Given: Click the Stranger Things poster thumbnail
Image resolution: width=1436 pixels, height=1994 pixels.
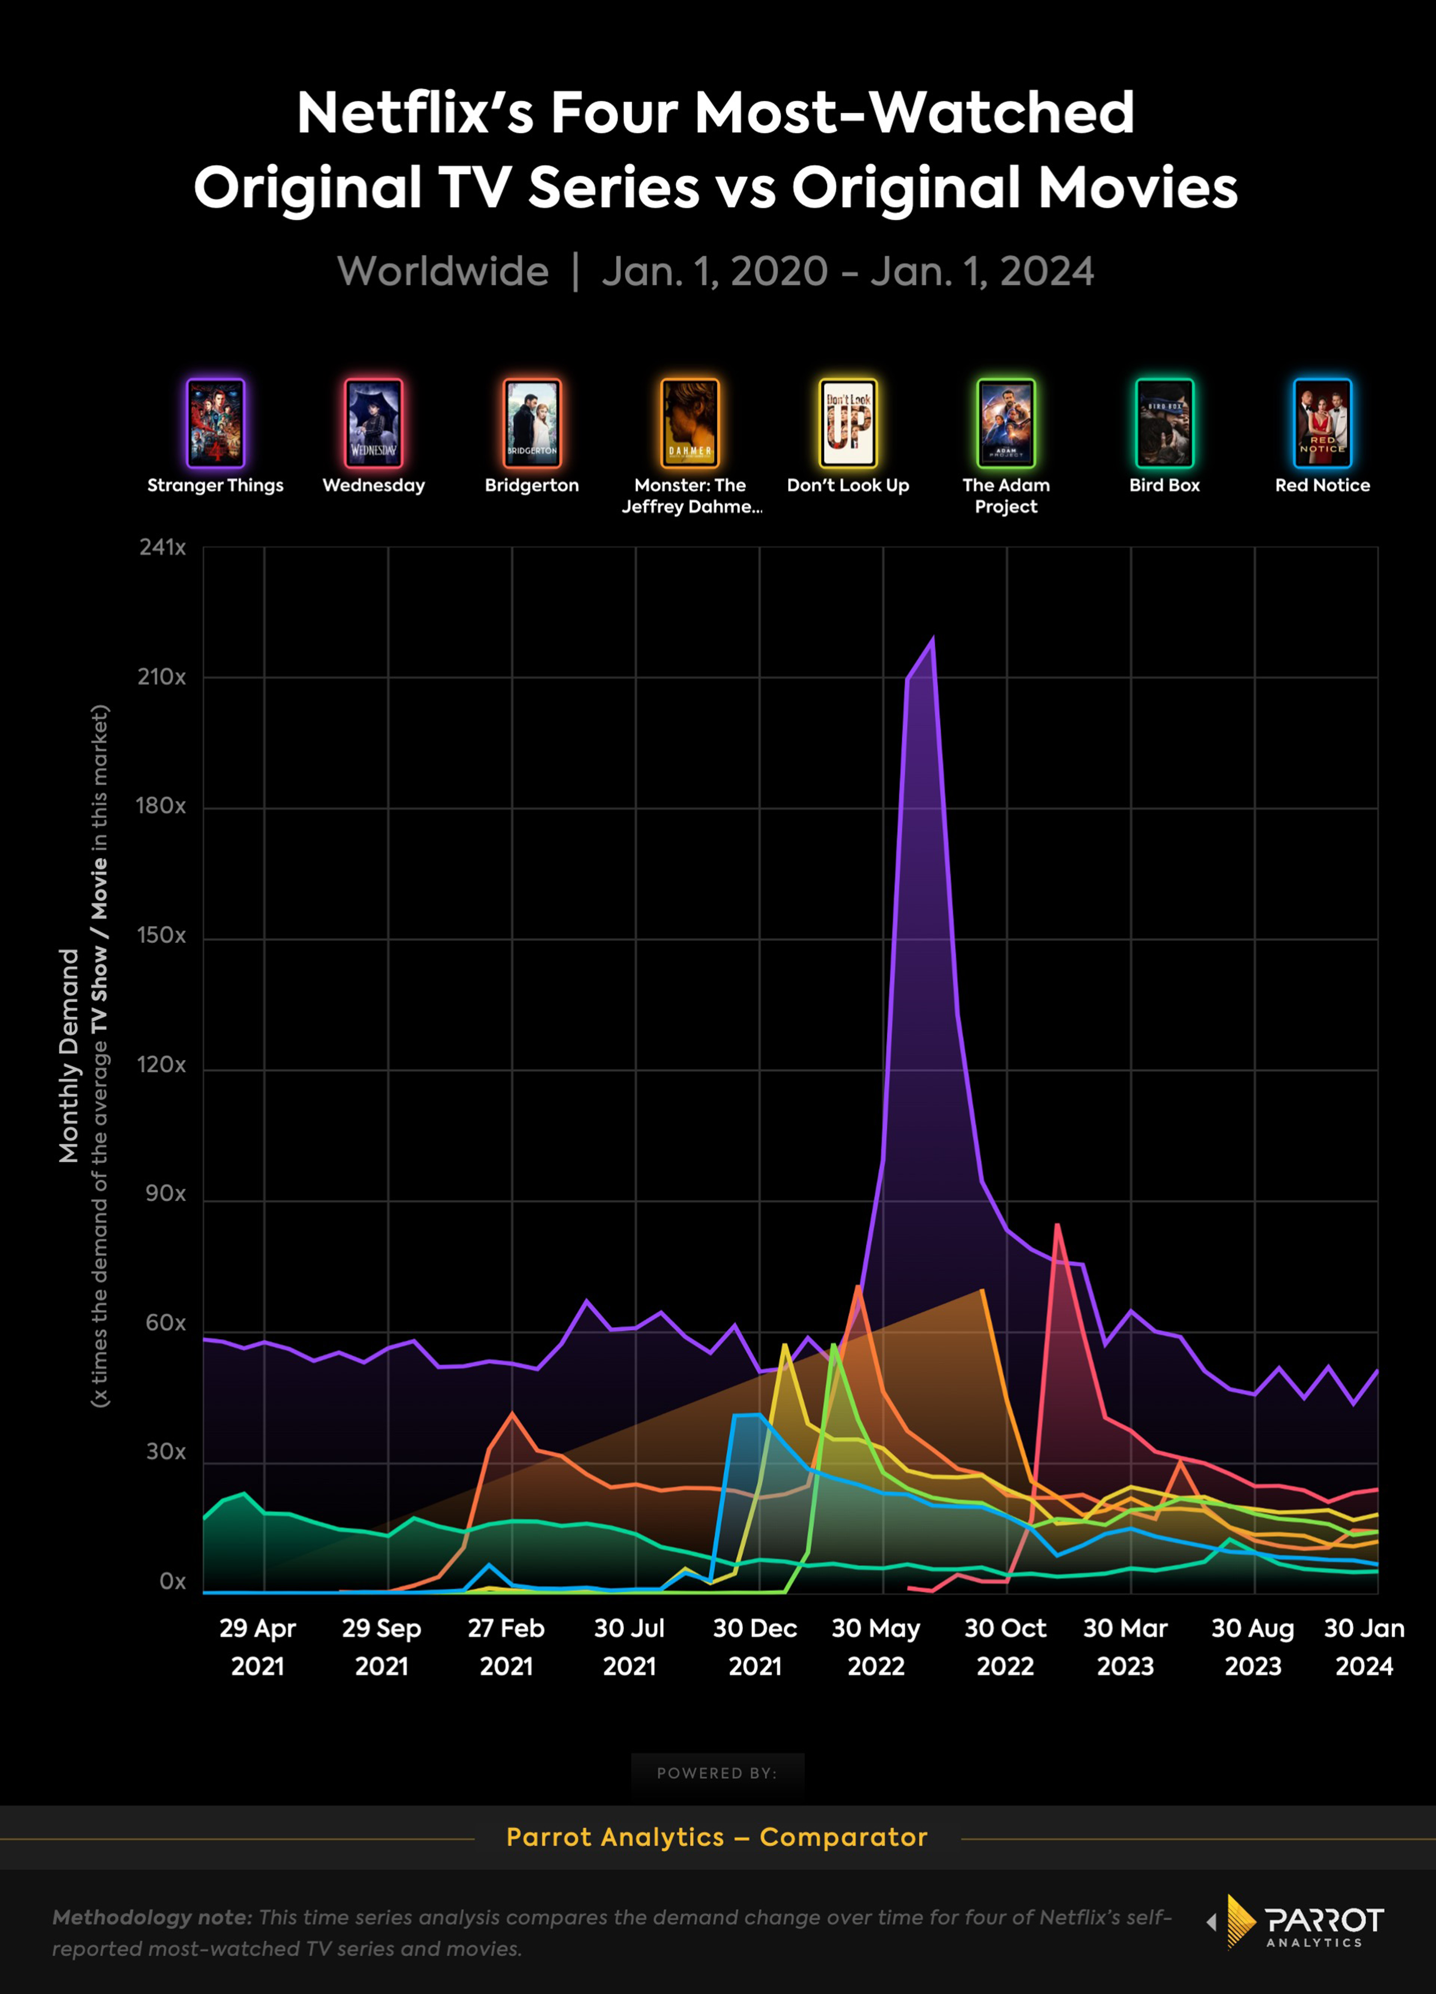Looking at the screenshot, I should tap(215, 423).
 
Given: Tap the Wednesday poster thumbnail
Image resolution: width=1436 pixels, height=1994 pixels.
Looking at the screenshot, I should tap(374, 423).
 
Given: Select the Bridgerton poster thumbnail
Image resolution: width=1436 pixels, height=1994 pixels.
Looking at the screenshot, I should tap(532, 423).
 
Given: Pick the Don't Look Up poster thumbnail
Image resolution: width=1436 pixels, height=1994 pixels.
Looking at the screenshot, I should tap(848, 423).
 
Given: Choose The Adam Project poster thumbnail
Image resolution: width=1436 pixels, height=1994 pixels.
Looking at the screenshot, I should tap(1006, 423).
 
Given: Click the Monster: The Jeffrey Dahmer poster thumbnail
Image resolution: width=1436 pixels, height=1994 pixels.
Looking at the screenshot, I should tap(690, 423).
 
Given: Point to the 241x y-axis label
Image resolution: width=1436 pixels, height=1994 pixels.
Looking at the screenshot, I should tap(163, 548).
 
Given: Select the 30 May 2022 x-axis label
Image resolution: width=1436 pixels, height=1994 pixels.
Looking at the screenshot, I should tap(876, 1647).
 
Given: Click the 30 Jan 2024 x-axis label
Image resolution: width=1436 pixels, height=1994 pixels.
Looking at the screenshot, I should tap(1364, 1647).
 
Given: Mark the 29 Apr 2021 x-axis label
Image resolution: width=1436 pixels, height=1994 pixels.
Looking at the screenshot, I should tap(258, 1647).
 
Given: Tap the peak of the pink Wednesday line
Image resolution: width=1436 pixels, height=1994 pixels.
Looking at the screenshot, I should tap(1057, 1225).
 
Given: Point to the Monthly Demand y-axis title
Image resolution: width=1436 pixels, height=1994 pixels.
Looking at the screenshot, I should tap(68, 1055).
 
